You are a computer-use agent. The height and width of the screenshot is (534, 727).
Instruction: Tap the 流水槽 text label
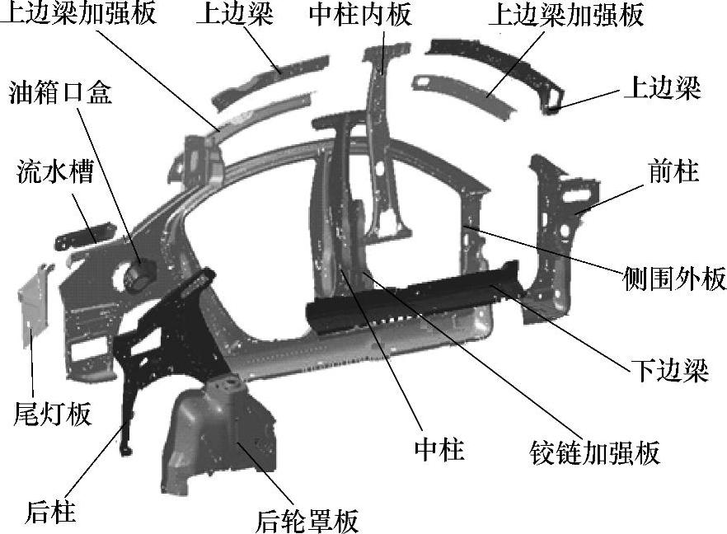pos(54,173)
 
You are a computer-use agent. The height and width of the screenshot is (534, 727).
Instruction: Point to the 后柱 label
pos(50,512)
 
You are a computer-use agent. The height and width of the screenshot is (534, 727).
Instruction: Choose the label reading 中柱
pos(439,449)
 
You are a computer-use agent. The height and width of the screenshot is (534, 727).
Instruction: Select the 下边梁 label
pos(669,370)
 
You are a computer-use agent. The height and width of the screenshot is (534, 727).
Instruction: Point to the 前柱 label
pos(673,171)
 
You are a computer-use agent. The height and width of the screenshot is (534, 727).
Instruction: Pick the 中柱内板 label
pos(360,15)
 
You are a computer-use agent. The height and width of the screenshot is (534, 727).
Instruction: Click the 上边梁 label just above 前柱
pos(662,88)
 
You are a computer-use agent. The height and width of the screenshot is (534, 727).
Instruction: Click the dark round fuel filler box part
pos(139,274)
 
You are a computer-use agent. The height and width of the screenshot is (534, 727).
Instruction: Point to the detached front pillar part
pos(560,231)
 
